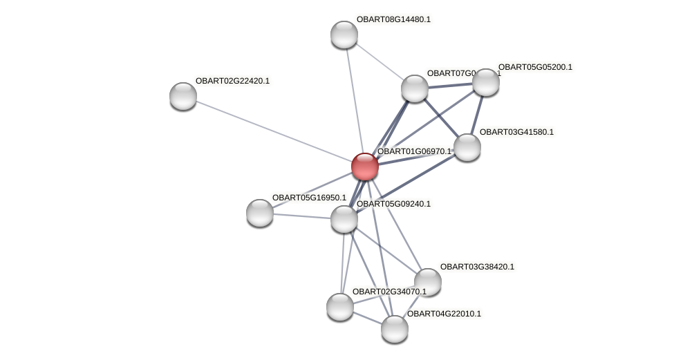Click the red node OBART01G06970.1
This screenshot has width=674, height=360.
tap(364, 167)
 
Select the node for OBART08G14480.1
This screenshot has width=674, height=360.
tap(344, 35)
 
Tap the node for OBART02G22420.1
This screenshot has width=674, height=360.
tap(183, 96)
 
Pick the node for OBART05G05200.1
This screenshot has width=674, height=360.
tap(485, 82)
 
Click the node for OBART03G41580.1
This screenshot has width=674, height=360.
tap(467, 147)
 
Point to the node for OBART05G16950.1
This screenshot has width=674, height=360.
tap(260, 213)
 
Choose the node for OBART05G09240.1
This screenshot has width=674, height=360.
tap(344, 219)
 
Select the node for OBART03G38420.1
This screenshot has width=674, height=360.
tap(427, 281)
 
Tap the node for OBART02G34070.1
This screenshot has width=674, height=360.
tap(339, 307)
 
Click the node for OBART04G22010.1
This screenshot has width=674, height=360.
tap(394, 329)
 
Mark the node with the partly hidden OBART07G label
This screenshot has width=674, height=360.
tap(414, 88)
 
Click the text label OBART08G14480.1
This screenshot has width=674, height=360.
tap(393, 19)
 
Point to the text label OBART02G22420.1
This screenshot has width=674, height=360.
tap(232, 81)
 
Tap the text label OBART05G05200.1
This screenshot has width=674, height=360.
tap(535, 67)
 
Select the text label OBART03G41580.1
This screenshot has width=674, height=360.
tap(516, 132)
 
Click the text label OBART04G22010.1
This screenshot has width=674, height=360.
tap(444, 314)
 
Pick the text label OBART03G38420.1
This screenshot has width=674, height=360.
tap(477, 267)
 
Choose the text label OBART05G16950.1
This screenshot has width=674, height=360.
tap(309, 198)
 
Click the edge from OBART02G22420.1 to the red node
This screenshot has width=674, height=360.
tap(274, 131)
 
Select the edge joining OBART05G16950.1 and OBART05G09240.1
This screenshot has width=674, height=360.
tap(301, 216)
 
